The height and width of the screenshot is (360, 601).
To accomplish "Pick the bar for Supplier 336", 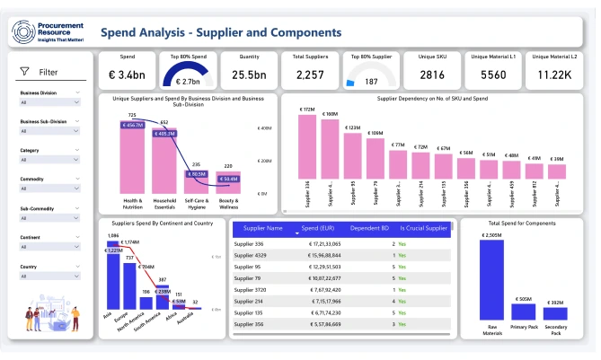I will (308, 148).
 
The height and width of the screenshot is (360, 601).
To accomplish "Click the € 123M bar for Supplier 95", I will (354, 154).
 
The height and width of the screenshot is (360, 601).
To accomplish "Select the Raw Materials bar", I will (491, 281).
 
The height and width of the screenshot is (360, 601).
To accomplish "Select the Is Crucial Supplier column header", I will (423, 228).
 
